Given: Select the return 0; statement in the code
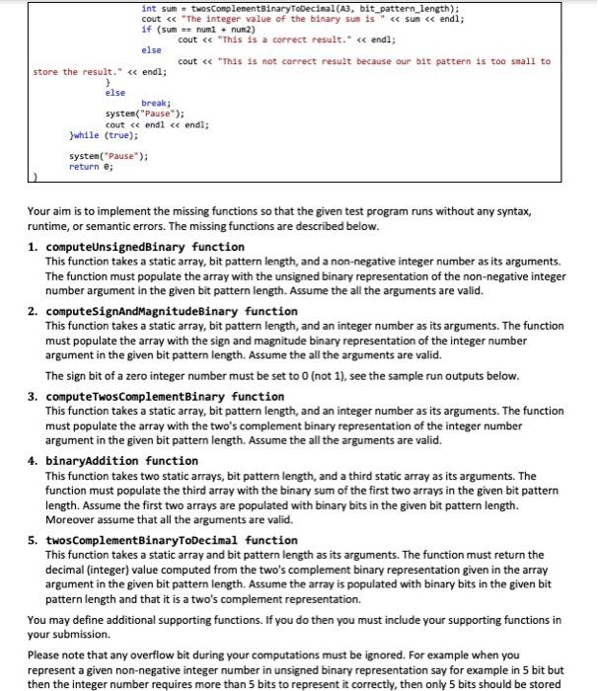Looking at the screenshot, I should tap(91, 167).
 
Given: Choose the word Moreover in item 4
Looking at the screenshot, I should tap(72, 519).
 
